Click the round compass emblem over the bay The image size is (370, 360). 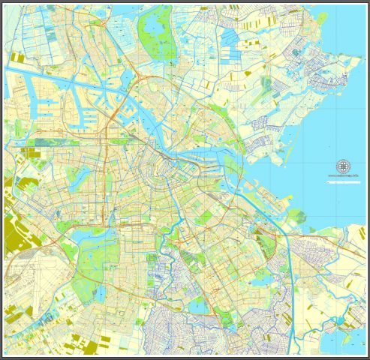[343, 166]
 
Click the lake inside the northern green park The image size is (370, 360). [153, 28]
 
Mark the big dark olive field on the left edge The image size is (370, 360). [14, 232]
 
